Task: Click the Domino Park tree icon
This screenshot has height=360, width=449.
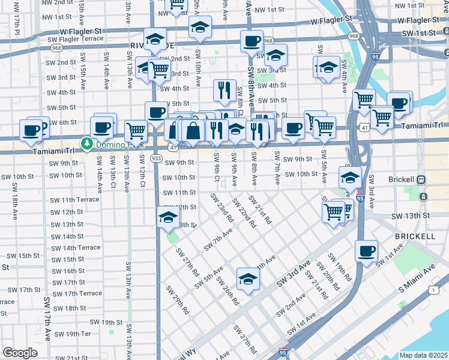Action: [88, 144]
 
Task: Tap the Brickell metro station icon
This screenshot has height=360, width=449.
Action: [422, 179]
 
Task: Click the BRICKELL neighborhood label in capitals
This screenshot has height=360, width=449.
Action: [415, 236]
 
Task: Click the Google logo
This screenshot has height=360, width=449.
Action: [20, 352]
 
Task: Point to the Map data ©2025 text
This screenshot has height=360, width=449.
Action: [423, 355]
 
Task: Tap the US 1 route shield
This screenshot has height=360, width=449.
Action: [432, 290]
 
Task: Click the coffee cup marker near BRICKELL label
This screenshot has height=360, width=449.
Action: [366, 251]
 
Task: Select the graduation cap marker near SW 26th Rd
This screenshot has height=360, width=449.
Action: [248, 278]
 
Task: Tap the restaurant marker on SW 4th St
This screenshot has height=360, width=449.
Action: [224, 90]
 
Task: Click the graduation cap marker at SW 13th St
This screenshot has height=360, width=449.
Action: [169, 217]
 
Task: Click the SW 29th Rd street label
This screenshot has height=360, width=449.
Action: [182, 304]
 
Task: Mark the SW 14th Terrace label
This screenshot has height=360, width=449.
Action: [76, 248]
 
